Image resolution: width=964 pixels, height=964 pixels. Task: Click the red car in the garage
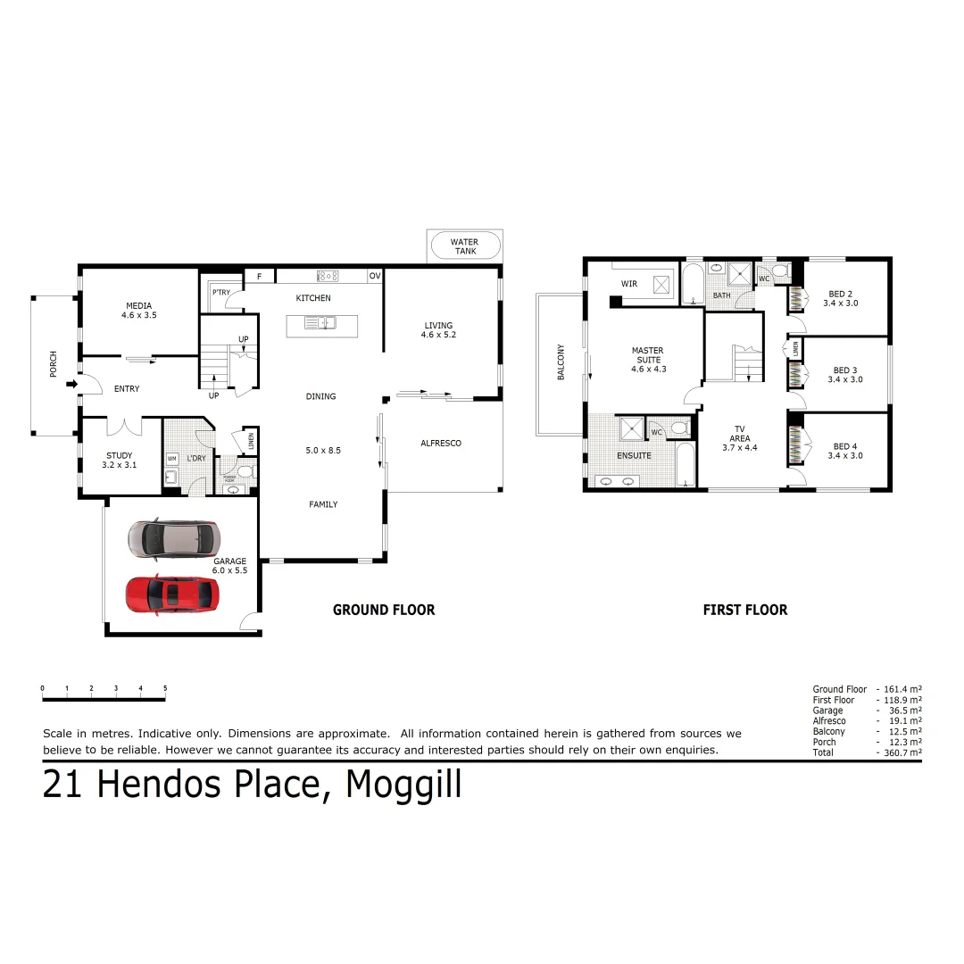click(x=172, y=594)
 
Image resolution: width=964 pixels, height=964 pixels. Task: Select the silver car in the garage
click(x=172, y=538)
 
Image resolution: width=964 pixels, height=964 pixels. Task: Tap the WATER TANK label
click(x=463, y=246)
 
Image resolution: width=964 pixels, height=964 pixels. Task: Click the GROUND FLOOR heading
click(x=384, y=610)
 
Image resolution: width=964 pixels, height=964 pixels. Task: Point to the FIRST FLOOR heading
click(x=744, y=610)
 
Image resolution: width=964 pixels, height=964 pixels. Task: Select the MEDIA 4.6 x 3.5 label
click(x=139, y=310)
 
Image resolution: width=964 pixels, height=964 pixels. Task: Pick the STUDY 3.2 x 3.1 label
click(x=119, y=460)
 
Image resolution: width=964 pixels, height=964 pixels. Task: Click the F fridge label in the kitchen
click(x=259, y=277)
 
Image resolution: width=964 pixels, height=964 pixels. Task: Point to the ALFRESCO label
click(x=441, y=443)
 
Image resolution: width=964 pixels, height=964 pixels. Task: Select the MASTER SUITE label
click(x=648, y=359)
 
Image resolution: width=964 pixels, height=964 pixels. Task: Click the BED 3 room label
click(x=844, y=375)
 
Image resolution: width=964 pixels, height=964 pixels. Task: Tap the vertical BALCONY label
click(x=561, y=362)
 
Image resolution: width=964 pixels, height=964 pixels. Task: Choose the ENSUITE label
click(x=634, y=455)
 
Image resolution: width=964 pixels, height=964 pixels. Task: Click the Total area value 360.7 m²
click(x=902, y=752)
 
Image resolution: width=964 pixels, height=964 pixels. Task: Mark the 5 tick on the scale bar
click(x=165, y=688)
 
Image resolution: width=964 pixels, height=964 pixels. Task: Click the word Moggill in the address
click(x=403, y=785)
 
